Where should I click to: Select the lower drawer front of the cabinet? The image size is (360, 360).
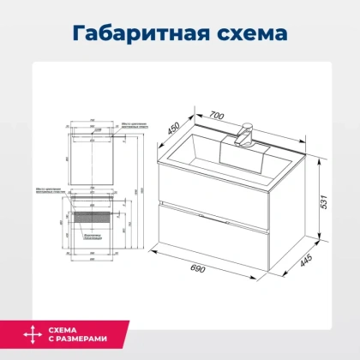pyautogui.click(x=209, y=231)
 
